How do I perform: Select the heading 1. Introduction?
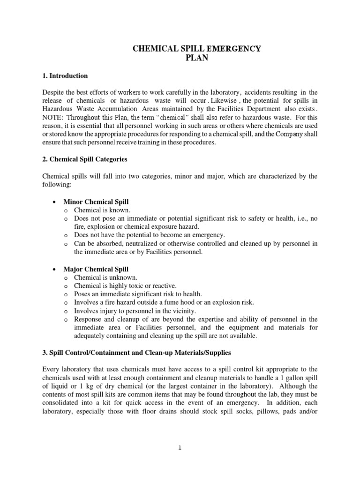pyautogui.click(x=65, y=75)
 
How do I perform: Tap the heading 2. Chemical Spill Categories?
pyautogui.click(x=84, y=159)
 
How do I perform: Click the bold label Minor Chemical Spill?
pyautogui.click(x=96, y=202)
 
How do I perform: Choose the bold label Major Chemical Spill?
pyautogui.click(x=96, y=269)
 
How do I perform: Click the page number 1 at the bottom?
pyautogui.click(x=180, y=448)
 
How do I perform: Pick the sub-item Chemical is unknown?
pyautogui.click(x=105, y=277)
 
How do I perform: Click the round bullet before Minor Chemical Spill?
pyautogui.click(x=55, y=202)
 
